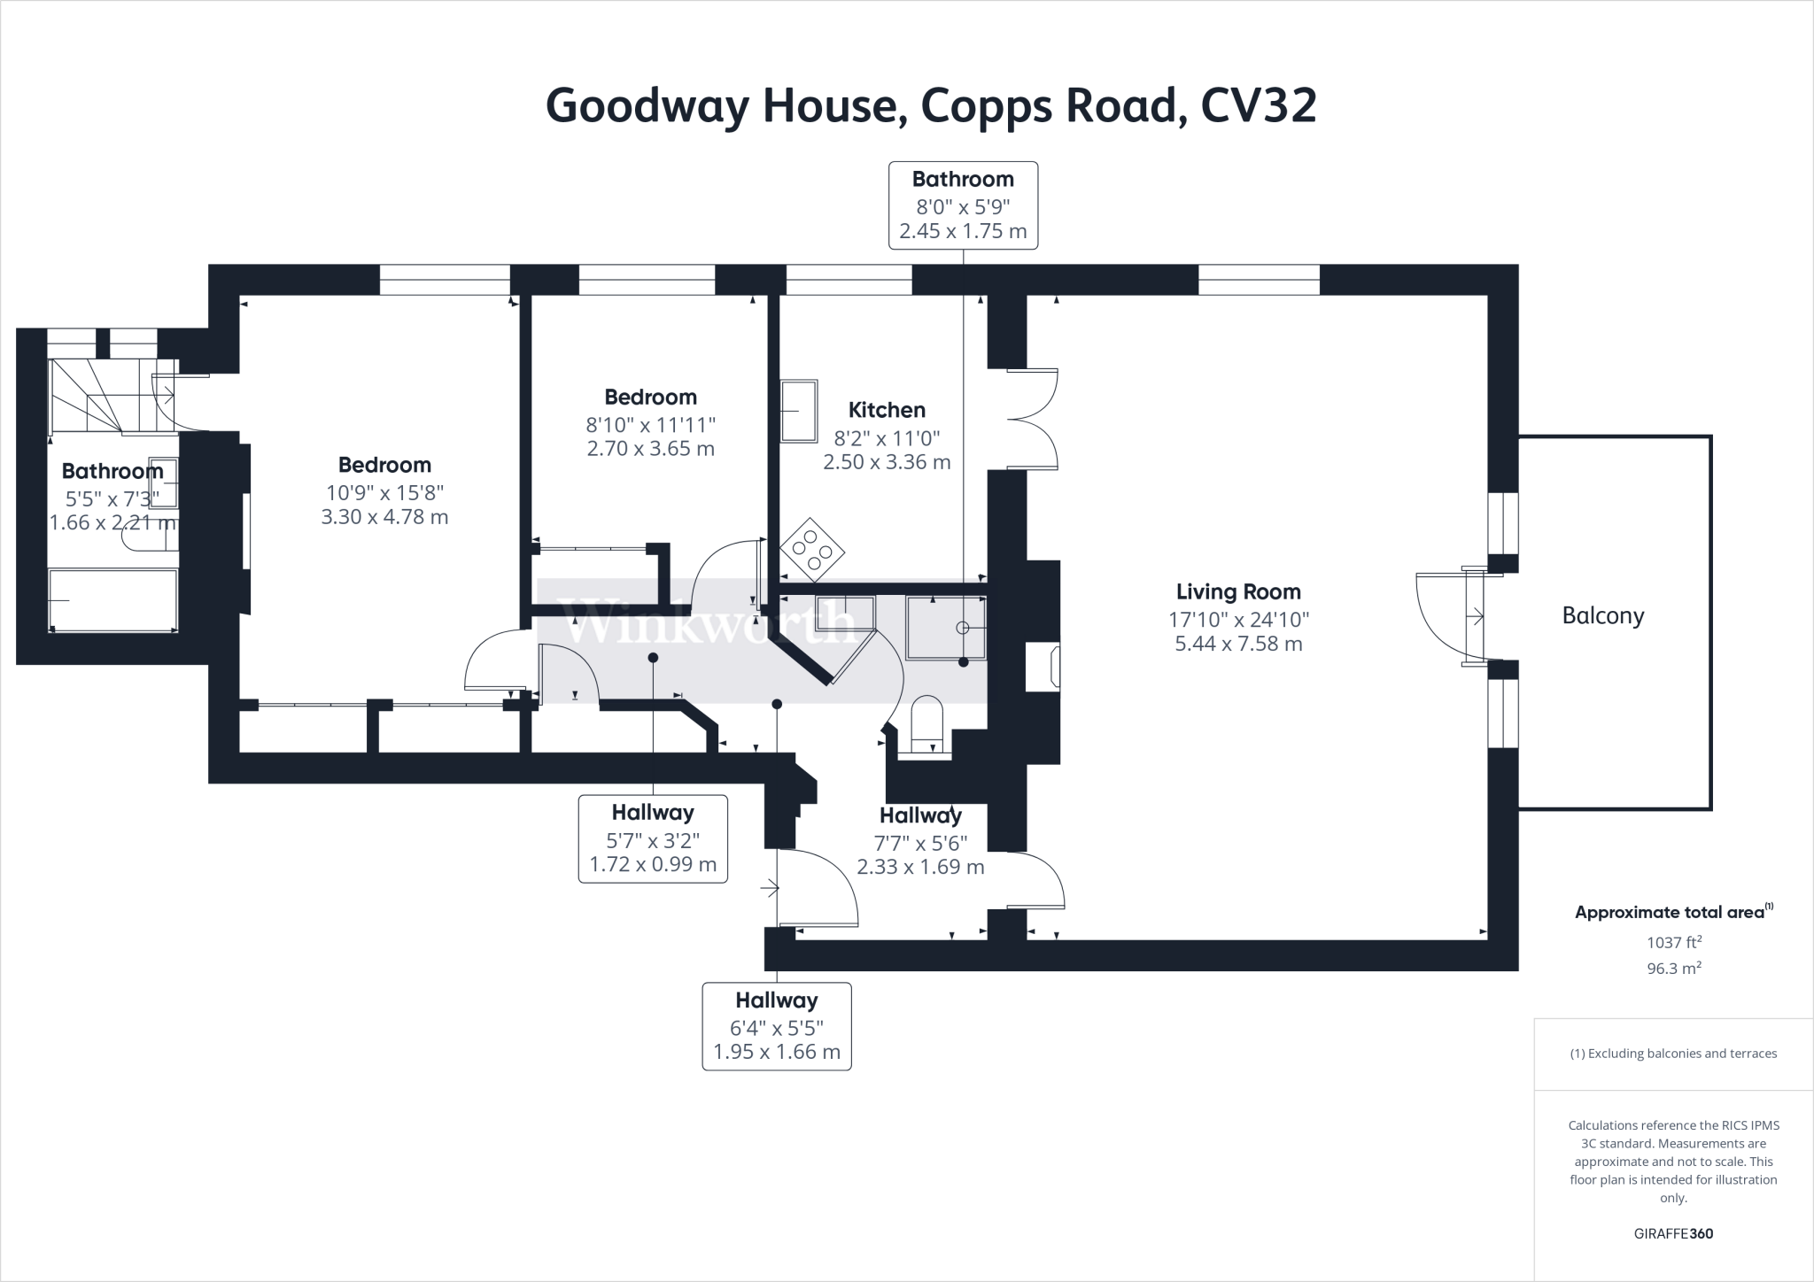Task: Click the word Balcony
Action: coord(1602,615)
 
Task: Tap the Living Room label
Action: coord(1238,591)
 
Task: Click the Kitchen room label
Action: coord(887,410)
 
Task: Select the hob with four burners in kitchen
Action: coord(811,550)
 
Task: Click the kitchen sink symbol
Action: coord(799,411)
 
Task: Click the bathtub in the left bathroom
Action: coord(112,600)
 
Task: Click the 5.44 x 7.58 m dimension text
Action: coord(1238,644)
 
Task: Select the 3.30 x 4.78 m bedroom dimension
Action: coord(384,517)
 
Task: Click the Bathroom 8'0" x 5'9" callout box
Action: coord(963,205)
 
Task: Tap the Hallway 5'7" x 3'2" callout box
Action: coord(653,838)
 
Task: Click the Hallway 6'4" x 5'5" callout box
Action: coord(777,1026)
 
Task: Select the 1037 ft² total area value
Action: coord(1674,942)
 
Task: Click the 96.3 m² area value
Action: coord(1674,969)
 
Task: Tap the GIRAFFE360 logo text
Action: coord(1673,1233)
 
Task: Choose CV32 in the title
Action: coord(1259,106)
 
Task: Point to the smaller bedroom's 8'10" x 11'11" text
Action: coord(650,423)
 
